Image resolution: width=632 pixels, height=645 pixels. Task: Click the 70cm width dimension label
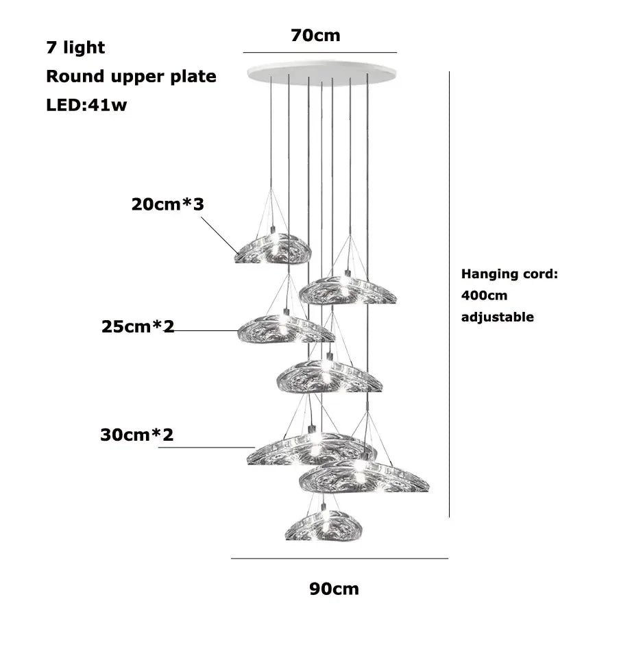click(315, 36)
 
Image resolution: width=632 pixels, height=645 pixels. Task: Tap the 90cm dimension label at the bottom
click(334, 589)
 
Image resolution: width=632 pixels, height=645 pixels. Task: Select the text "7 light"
click(75, 48)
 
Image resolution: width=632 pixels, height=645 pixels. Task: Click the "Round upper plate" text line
click(131, 77)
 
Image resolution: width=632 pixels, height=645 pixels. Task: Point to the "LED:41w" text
click(86, 105)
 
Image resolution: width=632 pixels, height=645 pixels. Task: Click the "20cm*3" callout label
click(167, 204)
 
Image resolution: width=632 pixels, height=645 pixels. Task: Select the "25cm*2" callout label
click(138, 327)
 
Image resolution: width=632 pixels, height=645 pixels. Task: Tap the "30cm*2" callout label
click(137, 435)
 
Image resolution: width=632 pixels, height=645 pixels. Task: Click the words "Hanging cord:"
click(509, 274)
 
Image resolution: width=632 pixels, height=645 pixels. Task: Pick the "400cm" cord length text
click(485, 295)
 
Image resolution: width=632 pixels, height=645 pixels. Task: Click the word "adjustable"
click(498, 317)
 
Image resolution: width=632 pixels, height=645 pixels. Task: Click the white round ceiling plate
click(322, 73)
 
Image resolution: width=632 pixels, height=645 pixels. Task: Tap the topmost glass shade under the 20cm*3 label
click(272, 248)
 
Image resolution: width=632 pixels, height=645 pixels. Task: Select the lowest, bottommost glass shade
click(324, 525)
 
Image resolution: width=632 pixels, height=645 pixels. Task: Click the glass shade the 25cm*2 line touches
click(286, 329)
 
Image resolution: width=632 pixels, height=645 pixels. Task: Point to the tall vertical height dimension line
click(449, 294)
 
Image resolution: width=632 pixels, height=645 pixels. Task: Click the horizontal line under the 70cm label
click(320, 53)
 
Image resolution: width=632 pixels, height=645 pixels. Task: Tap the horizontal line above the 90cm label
click(339, 559)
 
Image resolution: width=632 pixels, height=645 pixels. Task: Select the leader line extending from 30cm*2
click(206, 447)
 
